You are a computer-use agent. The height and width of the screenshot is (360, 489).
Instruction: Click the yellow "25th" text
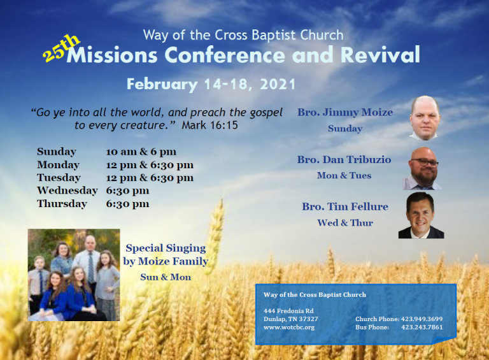(62, 48)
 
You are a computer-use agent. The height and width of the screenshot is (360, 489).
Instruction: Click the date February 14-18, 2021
(211, 84)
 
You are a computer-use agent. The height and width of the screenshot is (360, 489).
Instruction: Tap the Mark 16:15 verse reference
(209, 126)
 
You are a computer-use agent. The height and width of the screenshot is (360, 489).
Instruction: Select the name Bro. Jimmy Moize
(345, 113)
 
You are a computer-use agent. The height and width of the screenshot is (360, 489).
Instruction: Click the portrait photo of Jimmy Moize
(425, 118)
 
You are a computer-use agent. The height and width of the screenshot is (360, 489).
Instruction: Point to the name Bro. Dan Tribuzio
(344, 160)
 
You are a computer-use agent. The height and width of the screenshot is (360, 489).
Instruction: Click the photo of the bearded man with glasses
(423, 168)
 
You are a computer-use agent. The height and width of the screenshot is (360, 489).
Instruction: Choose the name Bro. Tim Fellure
(344, 207)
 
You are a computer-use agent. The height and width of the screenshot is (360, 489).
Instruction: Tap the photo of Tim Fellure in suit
(421, 215)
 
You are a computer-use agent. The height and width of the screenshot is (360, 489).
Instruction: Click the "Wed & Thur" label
(344, 223)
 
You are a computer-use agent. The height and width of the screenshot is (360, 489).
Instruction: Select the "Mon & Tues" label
(344, 176)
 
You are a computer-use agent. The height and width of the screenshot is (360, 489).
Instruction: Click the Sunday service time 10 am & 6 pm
(141, 152)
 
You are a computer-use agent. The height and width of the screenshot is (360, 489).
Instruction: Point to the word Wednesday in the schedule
(67, 191)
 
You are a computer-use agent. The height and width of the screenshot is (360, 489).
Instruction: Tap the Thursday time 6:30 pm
(127, 204)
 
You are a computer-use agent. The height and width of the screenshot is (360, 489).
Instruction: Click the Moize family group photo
(74, 275)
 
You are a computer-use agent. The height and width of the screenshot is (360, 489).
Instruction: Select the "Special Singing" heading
(166, 248)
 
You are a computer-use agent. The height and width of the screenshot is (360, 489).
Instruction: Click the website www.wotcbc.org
(289, 328)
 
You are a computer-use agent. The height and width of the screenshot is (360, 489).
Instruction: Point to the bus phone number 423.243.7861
(422, 328)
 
